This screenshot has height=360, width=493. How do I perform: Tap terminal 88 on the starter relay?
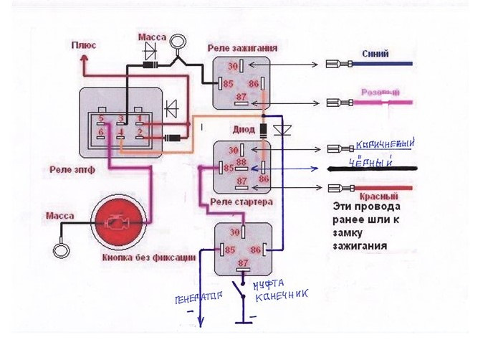point(242,164)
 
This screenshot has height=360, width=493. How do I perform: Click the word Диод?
point(243,130)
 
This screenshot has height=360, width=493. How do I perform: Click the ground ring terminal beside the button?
point(61,252)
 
